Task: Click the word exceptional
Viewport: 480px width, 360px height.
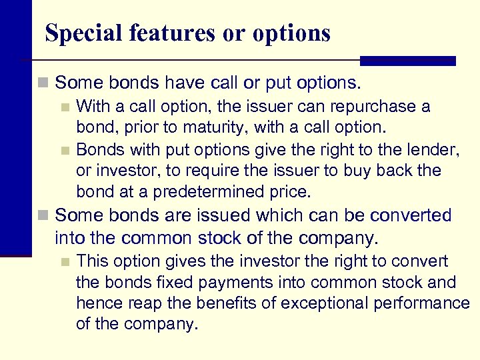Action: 323,304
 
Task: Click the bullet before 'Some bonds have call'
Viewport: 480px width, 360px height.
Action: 43,83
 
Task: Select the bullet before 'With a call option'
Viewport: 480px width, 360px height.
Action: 65,107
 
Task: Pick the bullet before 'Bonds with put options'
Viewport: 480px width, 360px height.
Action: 65,150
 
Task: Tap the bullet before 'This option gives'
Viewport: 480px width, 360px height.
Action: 65,262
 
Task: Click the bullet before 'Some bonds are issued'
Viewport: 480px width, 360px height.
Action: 43,216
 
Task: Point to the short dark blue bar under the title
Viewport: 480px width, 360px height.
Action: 407,61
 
